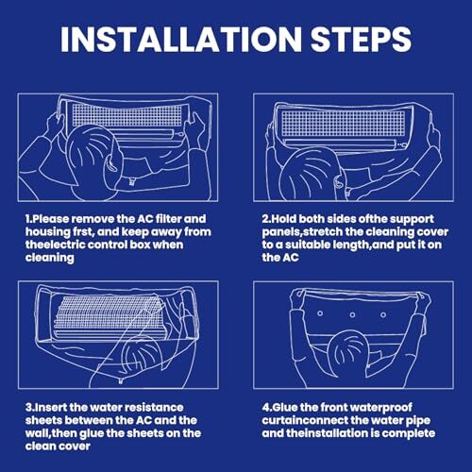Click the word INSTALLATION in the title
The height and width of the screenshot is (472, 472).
point(180,39)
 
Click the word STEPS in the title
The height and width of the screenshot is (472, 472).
point(361,39)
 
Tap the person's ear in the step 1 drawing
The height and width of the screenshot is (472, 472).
point(111,163)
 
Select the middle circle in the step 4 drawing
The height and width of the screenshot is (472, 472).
point(352,314)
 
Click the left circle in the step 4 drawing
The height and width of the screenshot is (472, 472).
point(320,313)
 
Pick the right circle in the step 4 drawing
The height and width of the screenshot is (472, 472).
point(383,314)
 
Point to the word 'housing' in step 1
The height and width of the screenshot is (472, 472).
point(45,232)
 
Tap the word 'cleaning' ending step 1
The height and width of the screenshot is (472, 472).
point(50,258)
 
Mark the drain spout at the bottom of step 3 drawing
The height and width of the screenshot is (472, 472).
point(120,381)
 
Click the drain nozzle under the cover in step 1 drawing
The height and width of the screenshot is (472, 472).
point(131,181)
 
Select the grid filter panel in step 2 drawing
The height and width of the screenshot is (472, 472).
point(343,124)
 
